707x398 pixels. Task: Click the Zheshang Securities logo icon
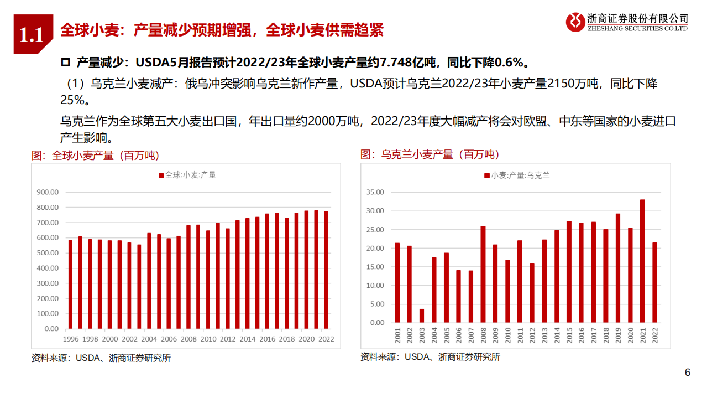(575, 22)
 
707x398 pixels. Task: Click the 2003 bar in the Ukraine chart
(421, 316)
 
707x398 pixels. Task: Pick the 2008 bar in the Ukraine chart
(483, 274)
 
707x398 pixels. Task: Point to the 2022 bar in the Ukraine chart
(655, 282)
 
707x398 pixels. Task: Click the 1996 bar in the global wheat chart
(70, 284)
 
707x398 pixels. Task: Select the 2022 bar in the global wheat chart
(326, 270)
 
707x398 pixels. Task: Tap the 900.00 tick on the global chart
(48, 192)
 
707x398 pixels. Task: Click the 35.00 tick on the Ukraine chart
(375, 192)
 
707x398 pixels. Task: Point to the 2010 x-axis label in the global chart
(208, 339)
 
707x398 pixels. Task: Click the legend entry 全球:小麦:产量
(187, 175)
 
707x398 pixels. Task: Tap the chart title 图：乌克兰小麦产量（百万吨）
(430, 154)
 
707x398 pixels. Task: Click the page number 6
(688, 373)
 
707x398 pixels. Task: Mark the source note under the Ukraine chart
(430, 357)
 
